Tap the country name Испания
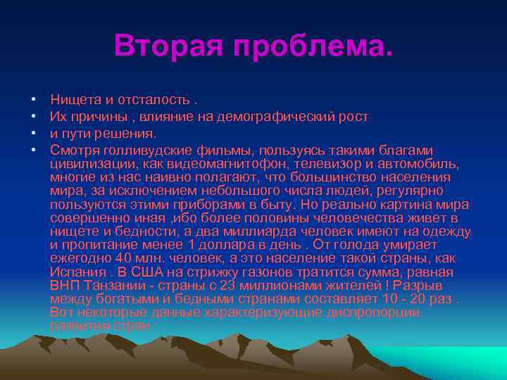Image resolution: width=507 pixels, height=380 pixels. [76, 272]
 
